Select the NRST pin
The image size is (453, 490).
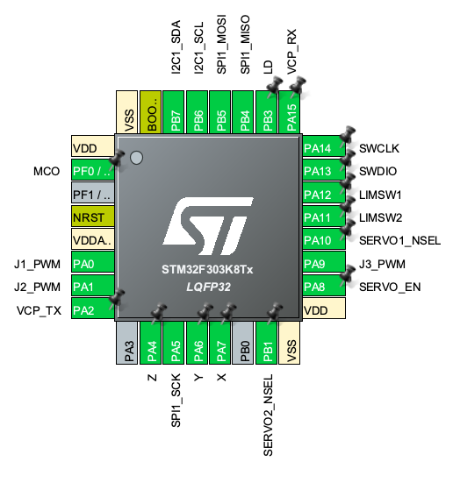(93, 217)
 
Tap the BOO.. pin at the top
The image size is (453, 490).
(151, 112)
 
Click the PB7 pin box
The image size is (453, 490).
(174, 112)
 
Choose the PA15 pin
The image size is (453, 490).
(289, 112)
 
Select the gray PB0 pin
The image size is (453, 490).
(243, 343)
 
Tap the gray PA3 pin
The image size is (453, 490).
(127, 343)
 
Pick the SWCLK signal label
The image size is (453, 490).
(379, 148)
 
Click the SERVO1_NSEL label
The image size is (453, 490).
(399, 241)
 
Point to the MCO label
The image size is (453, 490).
(47, 171)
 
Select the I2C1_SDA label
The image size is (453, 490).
(176, 46)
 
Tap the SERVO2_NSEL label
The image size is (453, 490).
(269, 415)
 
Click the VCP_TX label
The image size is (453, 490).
(39, 310)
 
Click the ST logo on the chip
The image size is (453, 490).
(208, 226)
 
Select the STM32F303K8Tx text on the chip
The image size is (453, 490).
(207, 269)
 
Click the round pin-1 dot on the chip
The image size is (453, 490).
(136, 158)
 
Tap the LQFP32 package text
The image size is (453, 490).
(208, 287)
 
